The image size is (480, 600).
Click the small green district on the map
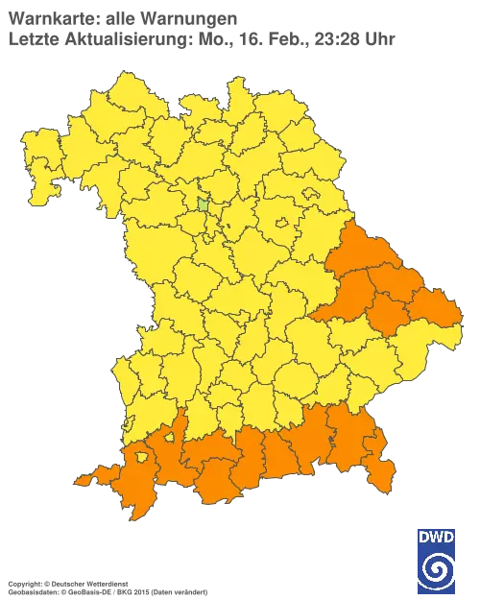[x=204, y=204]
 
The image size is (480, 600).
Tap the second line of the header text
[x=202, y=39]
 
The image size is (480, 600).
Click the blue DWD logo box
[x=437, y=555]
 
